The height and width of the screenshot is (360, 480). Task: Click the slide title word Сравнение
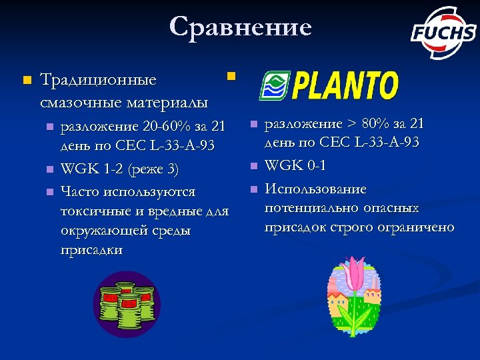click(x=240, y=27)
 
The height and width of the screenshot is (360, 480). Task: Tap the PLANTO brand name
click(x=345, y=86)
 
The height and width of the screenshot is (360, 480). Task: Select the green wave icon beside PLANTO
click(x=273, y=86)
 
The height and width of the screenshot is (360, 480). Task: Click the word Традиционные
click(x=98, y=81)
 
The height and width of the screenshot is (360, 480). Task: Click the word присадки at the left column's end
click(x=91, y=250)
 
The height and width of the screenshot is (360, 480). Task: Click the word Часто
click(x=79, y=192)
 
